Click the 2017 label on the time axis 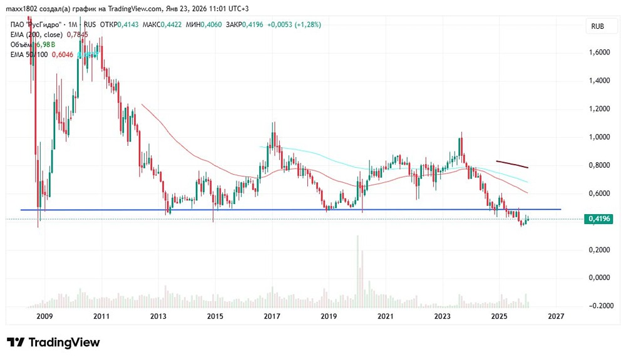[271, 317]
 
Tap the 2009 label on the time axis [43, 317]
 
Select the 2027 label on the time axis [555, 317]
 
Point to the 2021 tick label [385, 317]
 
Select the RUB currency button [597, 27]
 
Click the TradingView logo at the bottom [53, 342]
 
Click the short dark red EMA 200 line [512, 165]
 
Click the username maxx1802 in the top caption [23, 8]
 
